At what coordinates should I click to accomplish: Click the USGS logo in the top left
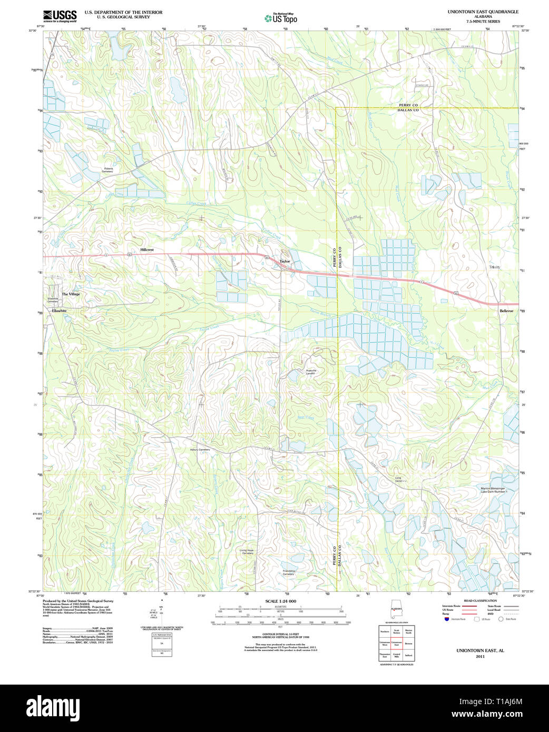tap(60, 16)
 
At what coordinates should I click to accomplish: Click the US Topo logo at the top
tap(281, 18)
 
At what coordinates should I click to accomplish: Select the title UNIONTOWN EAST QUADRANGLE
tap(483, 12)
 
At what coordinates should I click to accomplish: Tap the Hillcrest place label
tap(147, 250)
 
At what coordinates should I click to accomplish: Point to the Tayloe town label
tap(285, 261)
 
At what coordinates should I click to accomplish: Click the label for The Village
tap(71, 294)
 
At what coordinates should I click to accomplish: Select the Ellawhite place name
tap(59, 311)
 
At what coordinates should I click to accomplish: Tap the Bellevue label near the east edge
tap(506, 311)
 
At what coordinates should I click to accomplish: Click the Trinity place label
tap(494, 267)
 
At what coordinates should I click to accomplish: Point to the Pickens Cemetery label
tap(107, 170)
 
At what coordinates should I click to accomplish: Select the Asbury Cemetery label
tap(200, 450)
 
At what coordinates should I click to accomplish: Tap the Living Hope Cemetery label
tap(247, 552)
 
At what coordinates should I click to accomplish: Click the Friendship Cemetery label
tap(289, 572)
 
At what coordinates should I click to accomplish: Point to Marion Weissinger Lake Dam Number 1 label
tap(493, 490)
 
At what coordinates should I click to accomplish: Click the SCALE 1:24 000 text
tap(280, 601)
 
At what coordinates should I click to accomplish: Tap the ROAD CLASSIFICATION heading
tap(480, 601)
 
